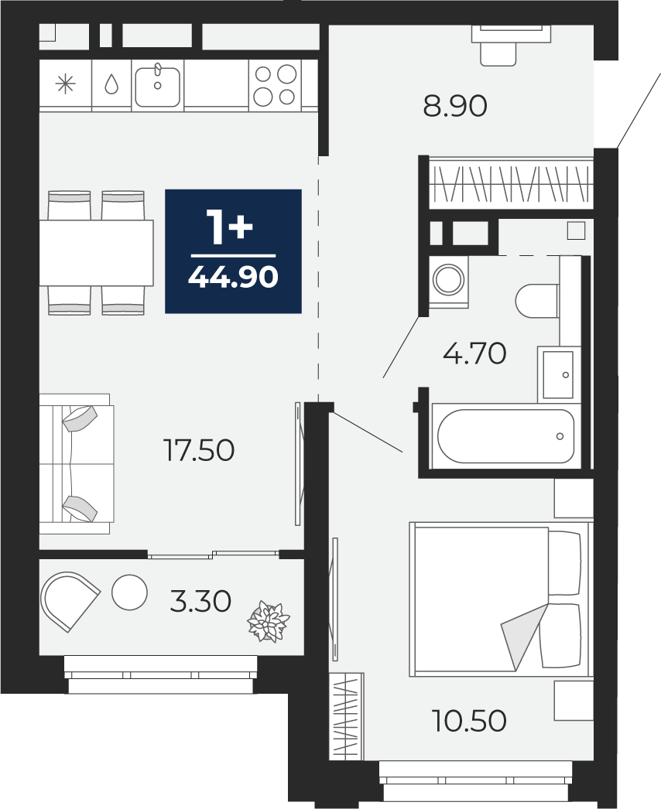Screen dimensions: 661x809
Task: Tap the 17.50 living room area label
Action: pos(199,450)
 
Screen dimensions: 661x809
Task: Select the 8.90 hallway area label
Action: pos(455,107)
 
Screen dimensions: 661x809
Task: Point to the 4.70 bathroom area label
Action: pos(474,354)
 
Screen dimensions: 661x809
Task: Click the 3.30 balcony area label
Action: pos(200,602)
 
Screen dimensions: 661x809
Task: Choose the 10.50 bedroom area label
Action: pos(469,721)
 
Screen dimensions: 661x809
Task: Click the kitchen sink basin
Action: pos(157,84)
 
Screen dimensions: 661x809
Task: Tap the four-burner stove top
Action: pos(275,85)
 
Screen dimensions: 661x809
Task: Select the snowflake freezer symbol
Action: pos(66,84)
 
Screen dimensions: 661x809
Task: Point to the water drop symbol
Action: pos(111,84)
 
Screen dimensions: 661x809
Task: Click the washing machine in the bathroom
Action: pos(448,282)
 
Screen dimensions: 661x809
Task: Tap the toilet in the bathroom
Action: pos(537,302)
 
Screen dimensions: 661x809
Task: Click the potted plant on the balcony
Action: pos(269,622)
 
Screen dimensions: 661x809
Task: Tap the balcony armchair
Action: pos(70,601)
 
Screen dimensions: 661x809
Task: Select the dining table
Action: pos(97,253)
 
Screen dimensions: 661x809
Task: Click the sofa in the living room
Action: pos(77,464)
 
